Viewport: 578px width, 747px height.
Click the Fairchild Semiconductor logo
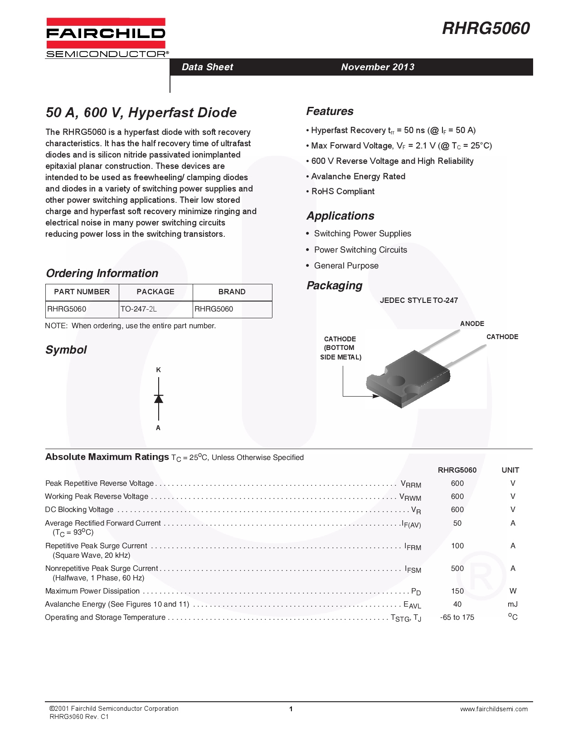[x=106, y=38]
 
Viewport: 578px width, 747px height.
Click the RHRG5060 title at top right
[x=486, y=29]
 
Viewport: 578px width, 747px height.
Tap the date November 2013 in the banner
[x=378, y=67]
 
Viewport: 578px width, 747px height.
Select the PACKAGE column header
[x=155, y=292]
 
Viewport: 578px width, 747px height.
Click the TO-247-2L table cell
[x=139, y=309]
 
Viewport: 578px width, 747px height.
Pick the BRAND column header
[x=232, y=292]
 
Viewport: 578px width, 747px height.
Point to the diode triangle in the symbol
[x=159, y=399]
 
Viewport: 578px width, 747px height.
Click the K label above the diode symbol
[x=159, y=370]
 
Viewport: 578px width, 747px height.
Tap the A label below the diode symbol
[x=158, y=428]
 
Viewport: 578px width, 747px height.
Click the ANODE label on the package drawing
[x=472, y=324]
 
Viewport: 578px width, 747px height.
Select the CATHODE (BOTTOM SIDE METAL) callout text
[x=340, y=348]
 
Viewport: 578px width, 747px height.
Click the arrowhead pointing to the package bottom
[x=376, y=396]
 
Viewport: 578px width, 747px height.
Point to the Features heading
[x=330, y=111]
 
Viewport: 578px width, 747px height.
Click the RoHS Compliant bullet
[x=343, y=192]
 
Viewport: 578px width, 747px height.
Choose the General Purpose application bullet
[x=346, y=266]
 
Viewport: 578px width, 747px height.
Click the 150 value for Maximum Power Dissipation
[x=457, y=591]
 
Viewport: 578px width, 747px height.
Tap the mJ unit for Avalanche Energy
[x=513, y=604]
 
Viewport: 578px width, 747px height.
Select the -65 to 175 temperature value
[x=457, y=618]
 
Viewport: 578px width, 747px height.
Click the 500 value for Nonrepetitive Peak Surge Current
[x=457, y=569]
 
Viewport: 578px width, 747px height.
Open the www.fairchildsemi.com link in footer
[x=494, y=709]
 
